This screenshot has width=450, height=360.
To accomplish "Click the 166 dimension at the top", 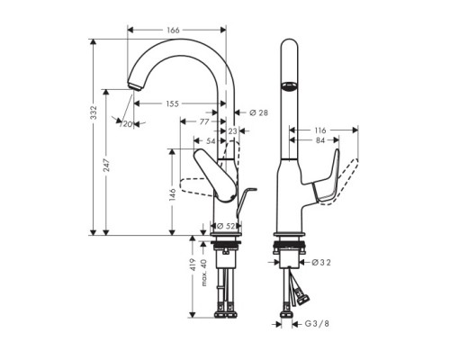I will [x=173, y=30].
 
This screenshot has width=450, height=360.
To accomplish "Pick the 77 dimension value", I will [x=204, y=120].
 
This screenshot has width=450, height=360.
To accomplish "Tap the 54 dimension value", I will [x=211, y=141].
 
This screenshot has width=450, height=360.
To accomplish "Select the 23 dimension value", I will [x=232, y=130].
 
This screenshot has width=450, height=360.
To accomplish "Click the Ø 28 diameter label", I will [x=257, y=112].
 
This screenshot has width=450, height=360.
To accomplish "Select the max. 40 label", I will [x=204, y=272].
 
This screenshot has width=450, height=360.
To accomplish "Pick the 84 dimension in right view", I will [x=321, y=140].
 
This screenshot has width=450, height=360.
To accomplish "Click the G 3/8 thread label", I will [x=317, y=321].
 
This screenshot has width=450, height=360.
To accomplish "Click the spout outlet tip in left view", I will [x=134, y=86].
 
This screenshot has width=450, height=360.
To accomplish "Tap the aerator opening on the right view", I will [x=288, y=87].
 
